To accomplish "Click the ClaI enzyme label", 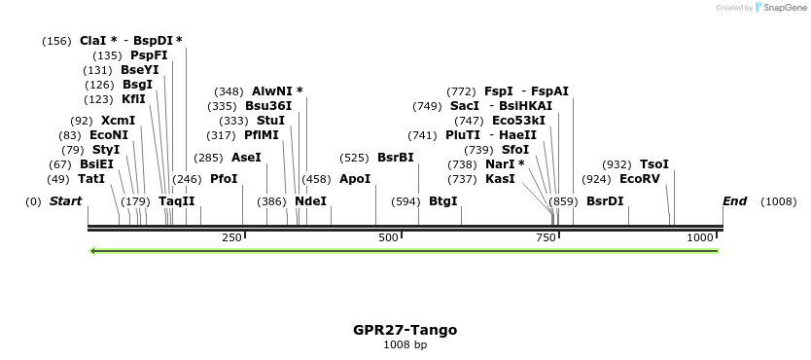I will click(x=92, y=41).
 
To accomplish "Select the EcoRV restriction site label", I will click(x=639, y=179).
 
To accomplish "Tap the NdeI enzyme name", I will click(x=310, y=201).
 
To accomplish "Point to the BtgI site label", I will click(x=442, y=201).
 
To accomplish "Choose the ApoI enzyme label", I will click(x=355, y=179).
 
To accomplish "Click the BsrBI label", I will click(x=395, y=158).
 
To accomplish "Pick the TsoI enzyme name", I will click(x=653, y=164).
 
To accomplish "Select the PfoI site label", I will click(x=224, y=179).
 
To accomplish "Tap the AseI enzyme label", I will click(x=246, y=158).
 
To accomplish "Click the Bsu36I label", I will click(x=268, y=106).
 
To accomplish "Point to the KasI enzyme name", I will click(x=500, y=179).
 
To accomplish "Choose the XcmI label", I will click(x=118, y=121).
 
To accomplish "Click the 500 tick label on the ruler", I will click(x=389, y=238).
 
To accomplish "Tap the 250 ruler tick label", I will click(x=232, y=238).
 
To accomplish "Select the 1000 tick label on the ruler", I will click(x=700, y=238).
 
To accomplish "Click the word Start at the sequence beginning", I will click(x=66, y=201).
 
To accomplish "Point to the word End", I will click(x=734, y=201).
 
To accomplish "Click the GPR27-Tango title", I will click(x=405, y=330).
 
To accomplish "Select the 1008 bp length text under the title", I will click(x=405, y=344).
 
